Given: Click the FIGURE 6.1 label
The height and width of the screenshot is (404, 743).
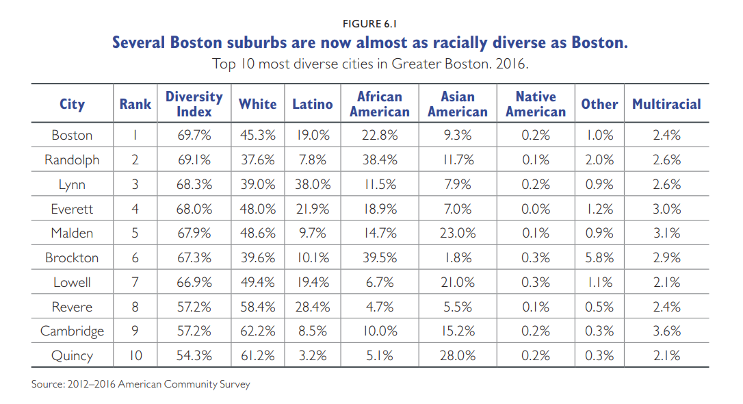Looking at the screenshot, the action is click(x=369, y=24).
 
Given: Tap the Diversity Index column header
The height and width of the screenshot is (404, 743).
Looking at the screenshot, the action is click(x=194, y=104).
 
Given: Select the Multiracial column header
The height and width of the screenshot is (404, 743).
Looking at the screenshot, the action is click(x=666, y=104).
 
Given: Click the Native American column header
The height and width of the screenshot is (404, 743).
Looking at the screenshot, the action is click(x=536, y=104).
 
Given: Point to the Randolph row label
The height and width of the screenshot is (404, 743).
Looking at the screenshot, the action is click(x=72, y=160).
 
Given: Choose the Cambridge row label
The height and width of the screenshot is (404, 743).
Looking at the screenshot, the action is click(x=72, y=331).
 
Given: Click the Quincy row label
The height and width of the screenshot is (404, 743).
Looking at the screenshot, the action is click(x=72, y=355).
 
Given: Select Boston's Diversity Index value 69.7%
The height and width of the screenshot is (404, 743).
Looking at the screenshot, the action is click(x=194, y=135).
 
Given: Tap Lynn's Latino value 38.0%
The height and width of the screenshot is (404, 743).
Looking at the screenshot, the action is click(x=313, y=184).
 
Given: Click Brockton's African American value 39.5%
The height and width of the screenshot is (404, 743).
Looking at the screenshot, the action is click(x=380, y=257).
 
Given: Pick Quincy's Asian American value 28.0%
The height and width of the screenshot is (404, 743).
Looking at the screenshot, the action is click(x=458, y=355).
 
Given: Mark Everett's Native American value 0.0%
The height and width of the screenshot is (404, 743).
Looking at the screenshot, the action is click(x=536, y=209).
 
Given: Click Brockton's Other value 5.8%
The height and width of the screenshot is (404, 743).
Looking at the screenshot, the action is click(x=599, y=257).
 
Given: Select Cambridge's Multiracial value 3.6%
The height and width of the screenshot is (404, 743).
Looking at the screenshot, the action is click(x=666, y=331).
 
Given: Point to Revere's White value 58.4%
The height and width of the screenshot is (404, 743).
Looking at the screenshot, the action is click(x=258, y=307).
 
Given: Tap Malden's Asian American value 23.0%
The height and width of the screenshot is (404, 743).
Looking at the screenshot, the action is click(x=458, y=233).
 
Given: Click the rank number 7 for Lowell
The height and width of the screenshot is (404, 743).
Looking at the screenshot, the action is click(x=135, y=282).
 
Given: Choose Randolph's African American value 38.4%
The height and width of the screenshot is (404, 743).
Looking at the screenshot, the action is click(x=380, y=160).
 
